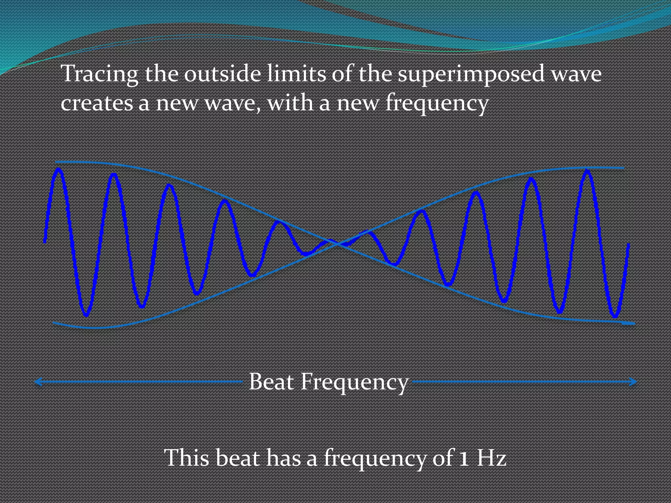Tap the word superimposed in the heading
click(470, 74)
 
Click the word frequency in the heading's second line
click(437, 103)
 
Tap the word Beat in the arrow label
click(271, 382)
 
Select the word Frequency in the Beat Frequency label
click(355, 382)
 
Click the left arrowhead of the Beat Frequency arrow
click(38, 382)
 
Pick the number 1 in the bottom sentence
click(463, 458)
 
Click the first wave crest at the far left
click(59, 170)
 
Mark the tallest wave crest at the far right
click(587, 171)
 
